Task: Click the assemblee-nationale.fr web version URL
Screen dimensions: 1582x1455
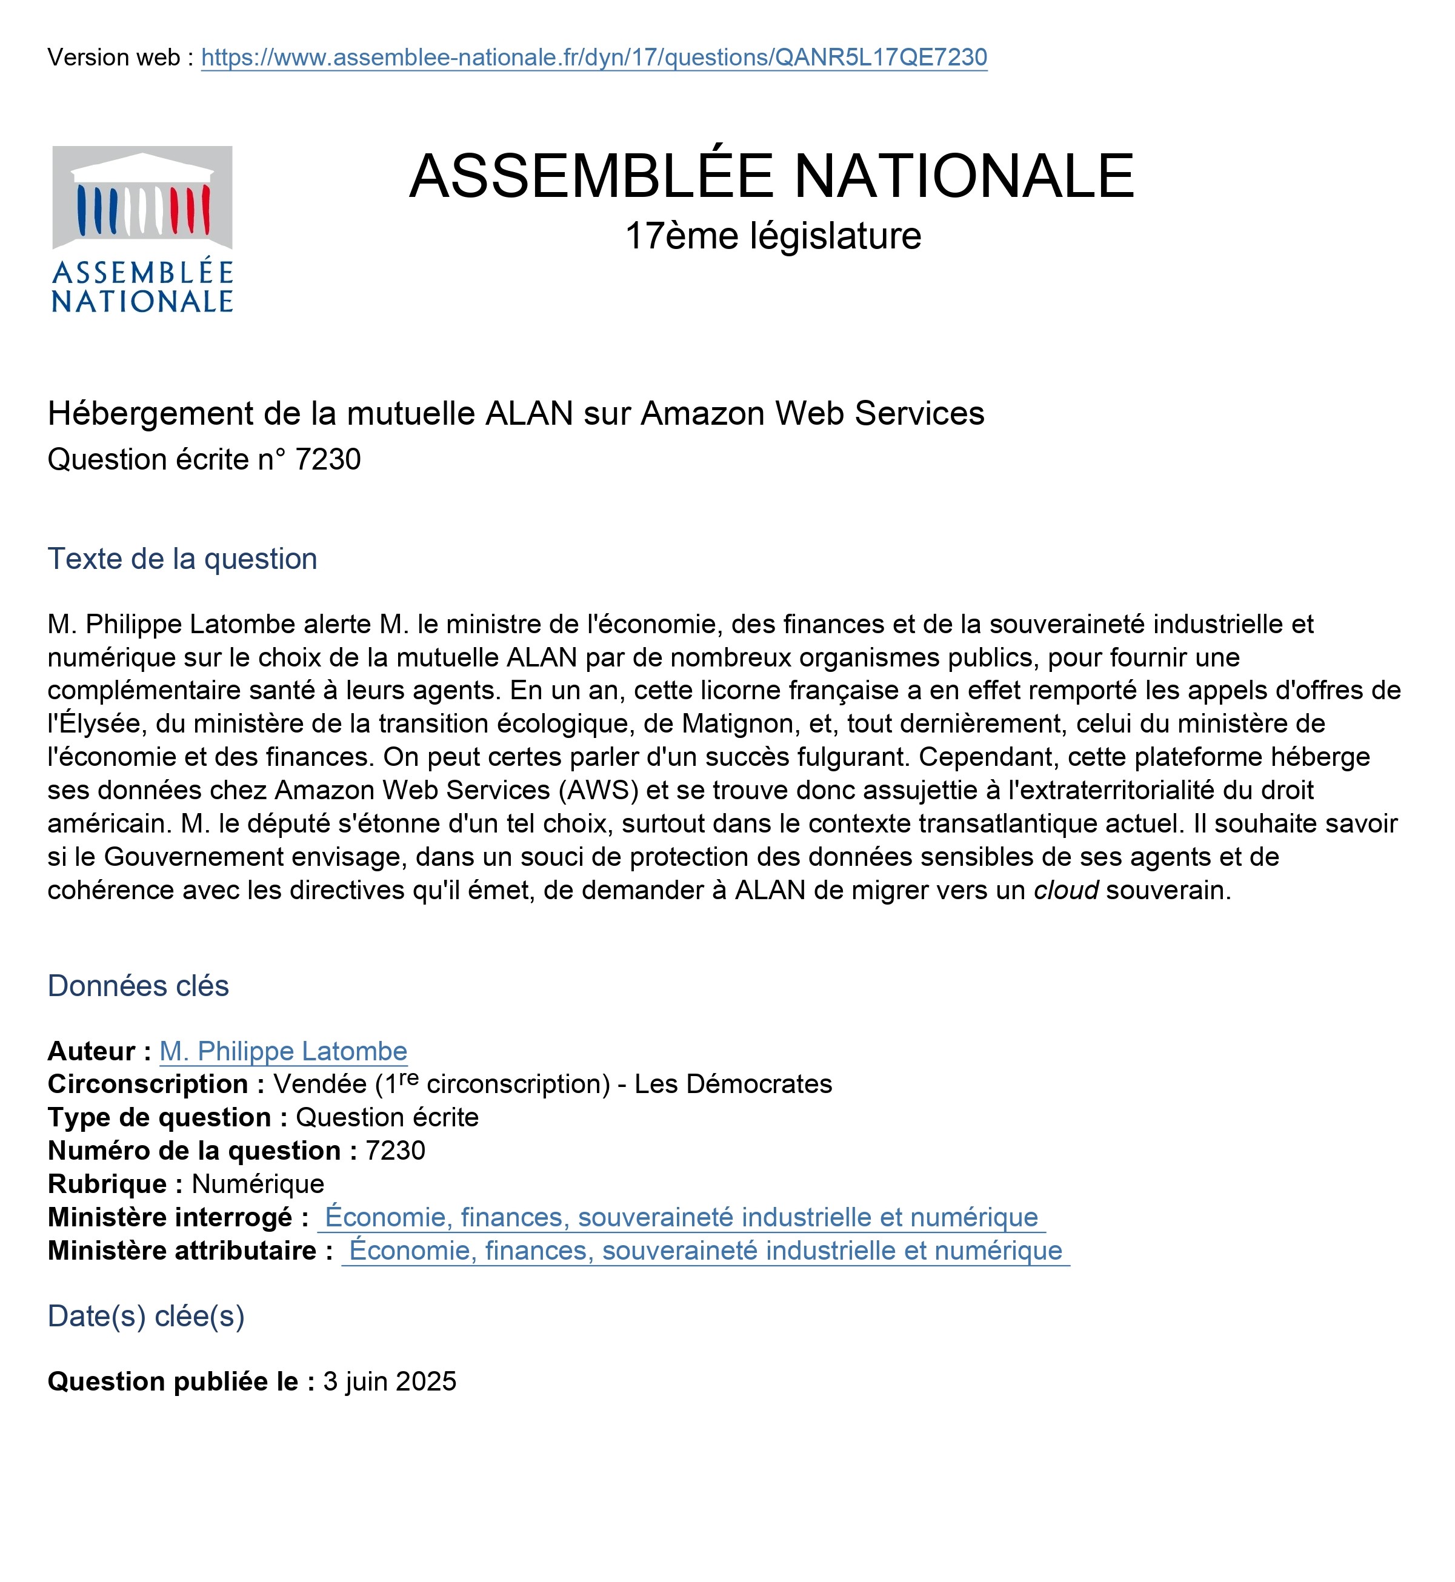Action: click(x=594, y=58)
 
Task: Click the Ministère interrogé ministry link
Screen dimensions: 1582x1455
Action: click(x=681, y=1218)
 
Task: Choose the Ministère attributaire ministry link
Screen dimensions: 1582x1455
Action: click(x=705, y=1251)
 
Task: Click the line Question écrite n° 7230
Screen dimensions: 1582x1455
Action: click(x=204, y=460)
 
